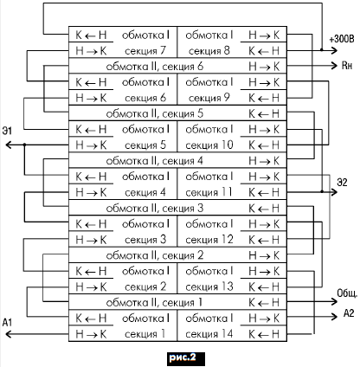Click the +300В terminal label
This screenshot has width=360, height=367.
342,39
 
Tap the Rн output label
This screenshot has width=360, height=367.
347,66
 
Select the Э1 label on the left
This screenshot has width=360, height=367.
7,131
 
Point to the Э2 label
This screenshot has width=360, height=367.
342,183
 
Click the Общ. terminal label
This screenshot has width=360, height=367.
347,293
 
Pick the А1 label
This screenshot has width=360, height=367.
7,322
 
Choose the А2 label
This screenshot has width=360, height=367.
349,313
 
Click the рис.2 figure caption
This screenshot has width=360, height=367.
183,357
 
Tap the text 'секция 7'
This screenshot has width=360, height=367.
145,51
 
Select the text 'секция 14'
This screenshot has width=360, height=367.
209,334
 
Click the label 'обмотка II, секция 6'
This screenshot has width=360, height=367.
155,67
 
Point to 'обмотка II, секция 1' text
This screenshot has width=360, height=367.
154,303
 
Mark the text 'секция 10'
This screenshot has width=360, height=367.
209,145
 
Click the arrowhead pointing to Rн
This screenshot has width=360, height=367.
334,66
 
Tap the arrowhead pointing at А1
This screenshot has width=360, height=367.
9,334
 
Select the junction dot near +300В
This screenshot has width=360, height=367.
322,50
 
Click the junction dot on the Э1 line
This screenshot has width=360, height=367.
24,145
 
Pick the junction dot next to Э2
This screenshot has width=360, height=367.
322,191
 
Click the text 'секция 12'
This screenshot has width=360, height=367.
209,240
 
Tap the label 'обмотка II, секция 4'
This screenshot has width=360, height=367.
154,161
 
